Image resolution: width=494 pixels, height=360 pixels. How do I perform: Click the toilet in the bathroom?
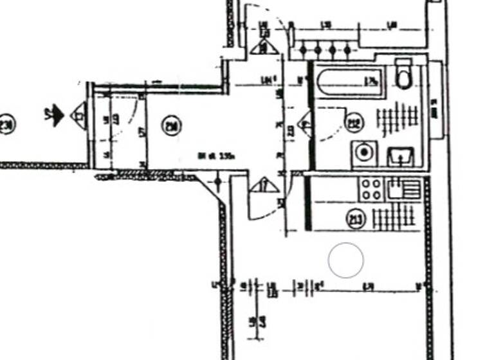tap(404, 73)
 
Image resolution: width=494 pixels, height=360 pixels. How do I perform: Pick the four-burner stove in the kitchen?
tap(371, 190)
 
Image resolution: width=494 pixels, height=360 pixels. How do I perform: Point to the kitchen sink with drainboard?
tap(404, 190)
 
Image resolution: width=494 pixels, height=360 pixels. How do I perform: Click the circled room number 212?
tap(354, 121)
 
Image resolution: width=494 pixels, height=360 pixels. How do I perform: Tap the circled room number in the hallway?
tap(171, 127)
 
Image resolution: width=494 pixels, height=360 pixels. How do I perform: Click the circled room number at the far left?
tap(6, 124)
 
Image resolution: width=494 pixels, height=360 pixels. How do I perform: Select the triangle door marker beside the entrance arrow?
tap(78, 116)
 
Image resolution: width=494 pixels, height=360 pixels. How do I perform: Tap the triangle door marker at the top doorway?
tap(264, 46)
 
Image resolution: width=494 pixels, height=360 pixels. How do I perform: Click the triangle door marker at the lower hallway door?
tap(265, 185)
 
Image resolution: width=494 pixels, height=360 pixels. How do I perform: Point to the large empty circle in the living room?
tap(346, 260)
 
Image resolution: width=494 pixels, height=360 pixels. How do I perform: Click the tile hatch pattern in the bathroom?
tap(397, 120)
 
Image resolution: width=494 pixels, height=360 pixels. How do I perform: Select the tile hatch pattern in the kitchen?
tap(394, 218)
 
